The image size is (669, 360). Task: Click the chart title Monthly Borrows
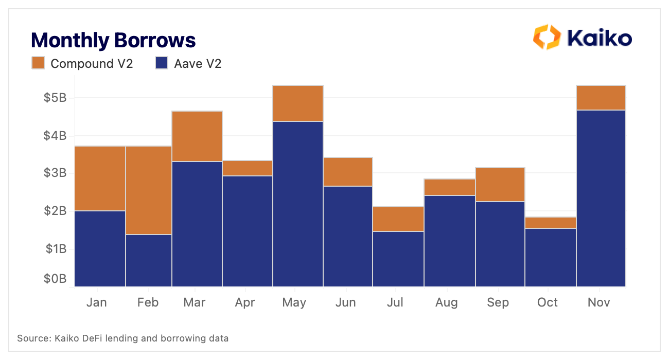[113, 40]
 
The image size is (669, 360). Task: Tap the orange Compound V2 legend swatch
[39, 63]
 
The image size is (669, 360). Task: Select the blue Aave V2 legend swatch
[162, 63]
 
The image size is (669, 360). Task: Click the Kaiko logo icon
[546, 37]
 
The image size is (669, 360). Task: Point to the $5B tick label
[55, 98]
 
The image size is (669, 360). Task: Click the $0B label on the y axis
[55, 279]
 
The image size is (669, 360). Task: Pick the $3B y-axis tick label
[55, 173]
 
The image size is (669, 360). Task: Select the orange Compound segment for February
[149, 190]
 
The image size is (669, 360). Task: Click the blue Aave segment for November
[601, 198]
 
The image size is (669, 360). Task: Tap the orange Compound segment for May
[298, 103]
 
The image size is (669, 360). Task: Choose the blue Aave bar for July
[398, 259]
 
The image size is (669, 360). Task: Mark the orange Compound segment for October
[551, 223]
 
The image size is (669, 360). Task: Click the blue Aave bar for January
[100, 248]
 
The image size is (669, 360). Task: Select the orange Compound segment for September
[500, 185]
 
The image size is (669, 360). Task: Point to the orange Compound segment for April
[248, 168]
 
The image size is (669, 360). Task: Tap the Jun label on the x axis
[345, 302]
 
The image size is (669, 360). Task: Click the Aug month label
[446, 302]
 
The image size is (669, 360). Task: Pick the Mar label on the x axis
[194, 302]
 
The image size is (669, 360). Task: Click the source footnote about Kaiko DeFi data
[122, 338]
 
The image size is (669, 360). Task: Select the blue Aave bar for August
[450, 241]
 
